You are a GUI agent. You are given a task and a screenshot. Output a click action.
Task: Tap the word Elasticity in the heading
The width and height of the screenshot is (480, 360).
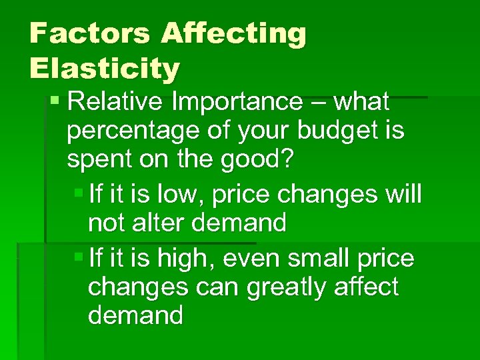tap(105, 67)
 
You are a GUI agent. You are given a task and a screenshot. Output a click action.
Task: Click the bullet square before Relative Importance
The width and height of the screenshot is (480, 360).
tap(55, 102)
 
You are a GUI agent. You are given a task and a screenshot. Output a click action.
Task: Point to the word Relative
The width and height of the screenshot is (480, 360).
tap(116, 102)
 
